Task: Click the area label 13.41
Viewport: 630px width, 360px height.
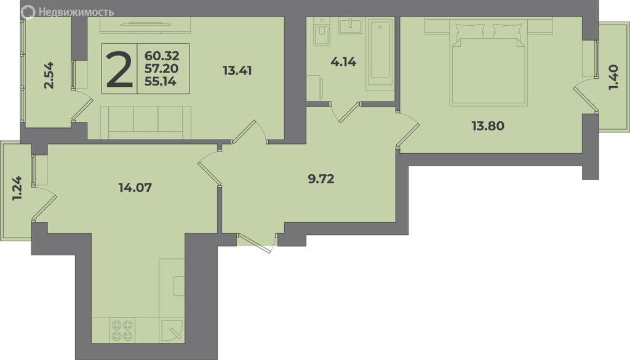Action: point(237,71)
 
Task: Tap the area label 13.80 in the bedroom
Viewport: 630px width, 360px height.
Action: point(488,126)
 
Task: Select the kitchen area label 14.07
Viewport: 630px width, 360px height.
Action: point(135,187)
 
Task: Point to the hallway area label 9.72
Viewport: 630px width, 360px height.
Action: point(321,178)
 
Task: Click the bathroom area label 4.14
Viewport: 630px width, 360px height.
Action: point(343,62)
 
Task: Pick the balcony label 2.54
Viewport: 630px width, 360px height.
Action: point(49,75)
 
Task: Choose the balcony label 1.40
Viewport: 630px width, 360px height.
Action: point(613,78)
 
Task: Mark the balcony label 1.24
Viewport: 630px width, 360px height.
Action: point(17,189)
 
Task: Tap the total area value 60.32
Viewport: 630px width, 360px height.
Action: point(162,56)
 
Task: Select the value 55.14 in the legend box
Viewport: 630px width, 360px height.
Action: point(161,82)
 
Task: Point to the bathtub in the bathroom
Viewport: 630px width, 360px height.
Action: point(380,55)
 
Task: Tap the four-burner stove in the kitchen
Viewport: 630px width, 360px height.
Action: point(122,330)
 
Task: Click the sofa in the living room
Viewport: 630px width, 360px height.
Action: point(145,122)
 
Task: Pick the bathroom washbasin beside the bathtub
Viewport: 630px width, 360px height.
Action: point(351,26)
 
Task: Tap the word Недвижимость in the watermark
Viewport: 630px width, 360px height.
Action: point(76,12)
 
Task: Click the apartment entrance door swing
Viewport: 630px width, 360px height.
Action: point(257,242)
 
